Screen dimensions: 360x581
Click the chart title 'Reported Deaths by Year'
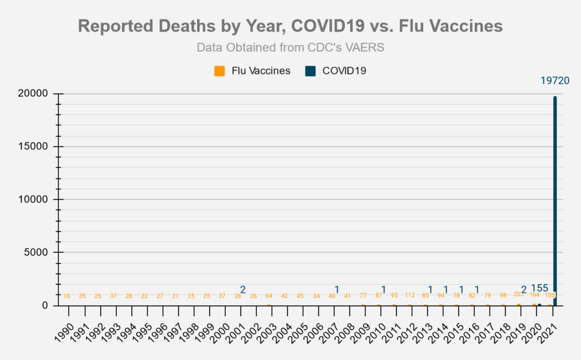click(x=290, y=26)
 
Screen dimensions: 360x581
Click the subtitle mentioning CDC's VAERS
click(x=290, y=47)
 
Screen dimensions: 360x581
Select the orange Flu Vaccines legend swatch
click(x=219, y=71)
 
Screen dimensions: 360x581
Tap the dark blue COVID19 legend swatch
click(x=310, y=71)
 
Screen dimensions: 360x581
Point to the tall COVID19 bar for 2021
click(x=555, y=199)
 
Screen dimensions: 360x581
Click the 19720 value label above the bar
click(x=554, y=82)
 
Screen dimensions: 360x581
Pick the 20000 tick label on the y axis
click(x=33, y=94)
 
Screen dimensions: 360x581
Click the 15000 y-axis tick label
click(x=33, y=146)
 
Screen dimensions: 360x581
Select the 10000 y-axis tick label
click(x=33, y=199)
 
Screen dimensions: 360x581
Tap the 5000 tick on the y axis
click(x=36, y=252)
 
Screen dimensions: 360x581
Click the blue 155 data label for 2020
click(x=540, y=288)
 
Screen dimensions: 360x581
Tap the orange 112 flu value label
click(x=409, y=295)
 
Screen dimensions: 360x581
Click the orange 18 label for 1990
click(x=67, y=296)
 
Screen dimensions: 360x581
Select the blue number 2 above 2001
click(x=243, y=290)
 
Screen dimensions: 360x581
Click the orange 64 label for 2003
click(x=269, y=296)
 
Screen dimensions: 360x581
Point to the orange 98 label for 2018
click(x=503, y=295)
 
